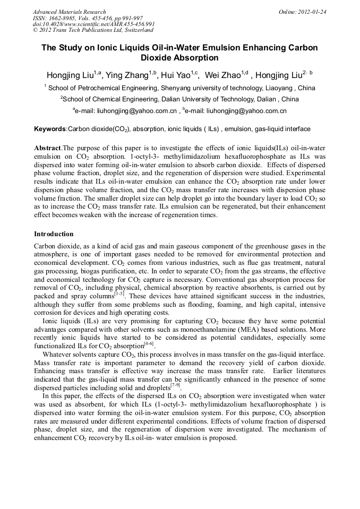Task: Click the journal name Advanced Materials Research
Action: tap(69, 12)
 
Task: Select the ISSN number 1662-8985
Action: tap(65, 18)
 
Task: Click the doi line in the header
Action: tap(93, 24)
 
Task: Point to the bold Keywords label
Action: tap(50, 129)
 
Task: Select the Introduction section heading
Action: tap(54, 234)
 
